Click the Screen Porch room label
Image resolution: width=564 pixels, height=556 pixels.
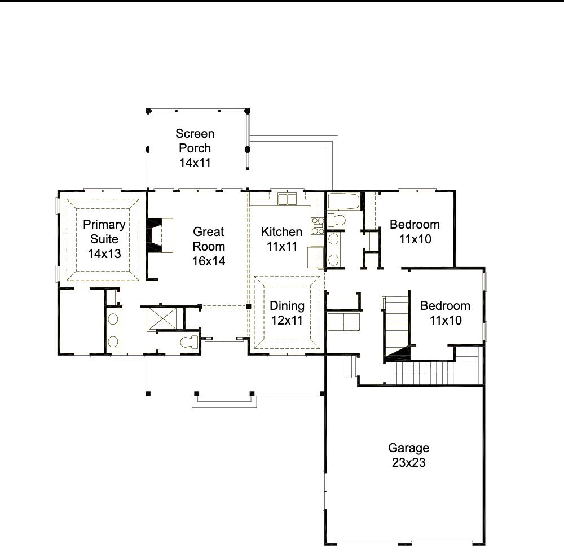coord(195,148)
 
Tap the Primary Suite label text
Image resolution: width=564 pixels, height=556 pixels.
coord(104,239)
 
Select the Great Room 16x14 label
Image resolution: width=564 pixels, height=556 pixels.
coord(209,246)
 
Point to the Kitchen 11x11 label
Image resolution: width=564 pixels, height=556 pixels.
coord(281,239)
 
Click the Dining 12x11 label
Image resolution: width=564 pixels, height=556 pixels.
coord(287,313)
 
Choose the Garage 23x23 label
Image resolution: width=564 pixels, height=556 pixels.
coord(408,455)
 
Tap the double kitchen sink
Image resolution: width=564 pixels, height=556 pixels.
coord(287,199)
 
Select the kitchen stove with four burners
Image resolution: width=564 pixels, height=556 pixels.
coord(318,225)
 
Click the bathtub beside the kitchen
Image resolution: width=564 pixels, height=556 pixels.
coord(344,202)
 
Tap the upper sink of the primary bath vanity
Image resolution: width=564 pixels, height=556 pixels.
coord(113,319)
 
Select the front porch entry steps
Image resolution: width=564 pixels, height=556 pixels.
coord(225,401)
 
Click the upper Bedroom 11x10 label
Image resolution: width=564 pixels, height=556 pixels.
coord(415,231)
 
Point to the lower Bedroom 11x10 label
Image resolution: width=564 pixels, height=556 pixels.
coord(445,313)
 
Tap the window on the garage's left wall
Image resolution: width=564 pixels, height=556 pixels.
coord(325,491)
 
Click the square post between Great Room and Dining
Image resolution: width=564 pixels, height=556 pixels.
coord(249,307)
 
